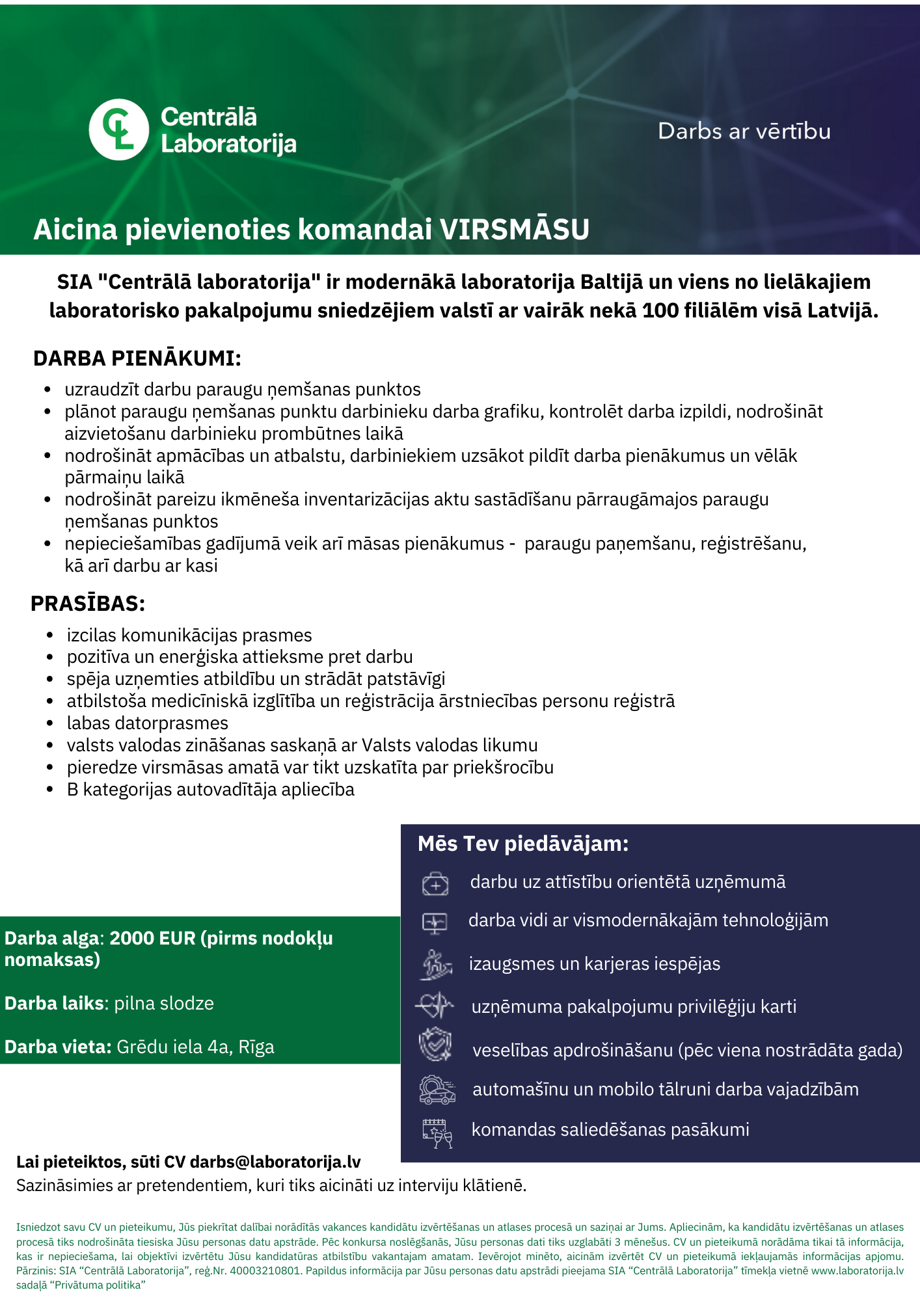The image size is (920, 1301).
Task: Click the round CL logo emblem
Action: coord(119,129)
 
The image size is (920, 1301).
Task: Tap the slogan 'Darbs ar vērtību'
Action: coord(744,131)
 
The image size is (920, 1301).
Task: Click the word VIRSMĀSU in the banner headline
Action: coord(515,230)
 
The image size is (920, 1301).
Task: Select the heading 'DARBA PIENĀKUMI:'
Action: coord(137,358)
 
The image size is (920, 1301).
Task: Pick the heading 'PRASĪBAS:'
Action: coord(88,604)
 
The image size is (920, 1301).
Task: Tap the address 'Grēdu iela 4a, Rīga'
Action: coord(195,1047)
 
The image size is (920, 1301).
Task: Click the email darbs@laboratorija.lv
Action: coord(275,1162)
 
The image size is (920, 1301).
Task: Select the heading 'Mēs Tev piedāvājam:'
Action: coord(523,844)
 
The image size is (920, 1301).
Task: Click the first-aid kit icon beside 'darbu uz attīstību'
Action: coord(435,883)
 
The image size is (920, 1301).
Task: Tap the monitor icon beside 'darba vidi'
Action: coord(435,922)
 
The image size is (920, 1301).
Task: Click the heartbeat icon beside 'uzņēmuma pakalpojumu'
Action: coord(435,1006)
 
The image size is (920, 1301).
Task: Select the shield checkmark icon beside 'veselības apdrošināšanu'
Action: coord(435,1045)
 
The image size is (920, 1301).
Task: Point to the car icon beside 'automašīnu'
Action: coord(437,1090)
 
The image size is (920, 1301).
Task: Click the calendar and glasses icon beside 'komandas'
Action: coord(437,1133)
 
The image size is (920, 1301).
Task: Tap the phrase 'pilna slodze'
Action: coord(164,1003)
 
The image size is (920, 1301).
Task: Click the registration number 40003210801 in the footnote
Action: coord(265,1270)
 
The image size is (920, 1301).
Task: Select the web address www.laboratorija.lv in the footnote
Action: coord(858,1270)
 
